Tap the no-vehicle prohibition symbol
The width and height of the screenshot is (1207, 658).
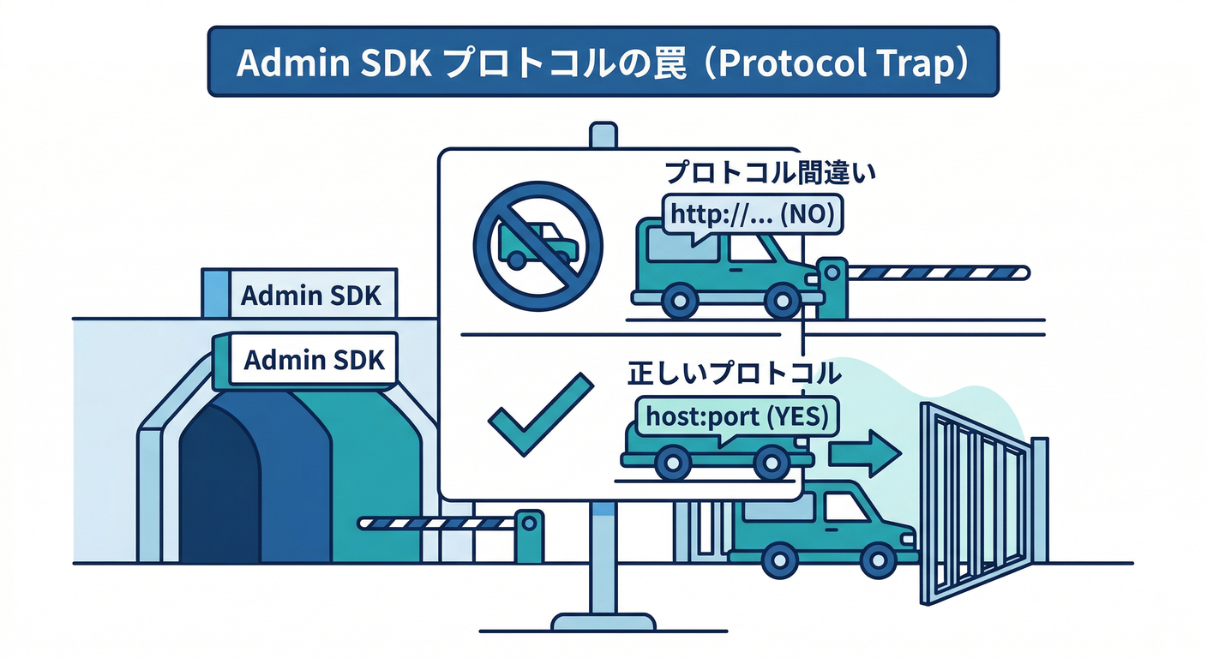(x=538, y=245)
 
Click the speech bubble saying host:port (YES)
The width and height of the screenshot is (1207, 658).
(x=736, y=417)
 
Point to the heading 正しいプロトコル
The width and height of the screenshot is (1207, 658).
(x=734, y=374)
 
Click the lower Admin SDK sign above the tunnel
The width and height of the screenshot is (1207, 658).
(x=313, y=359)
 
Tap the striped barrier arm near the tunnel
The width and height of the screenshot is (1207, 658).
(x=437, y=523)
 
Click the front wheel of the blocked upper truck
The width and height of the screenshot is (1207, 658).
(x=782, y=301)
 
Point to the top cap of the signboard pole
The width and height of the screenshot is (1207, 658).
(x=603, y=134)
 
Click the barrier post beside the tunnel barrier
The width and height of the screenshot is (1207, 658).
(x=529, y=535)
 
